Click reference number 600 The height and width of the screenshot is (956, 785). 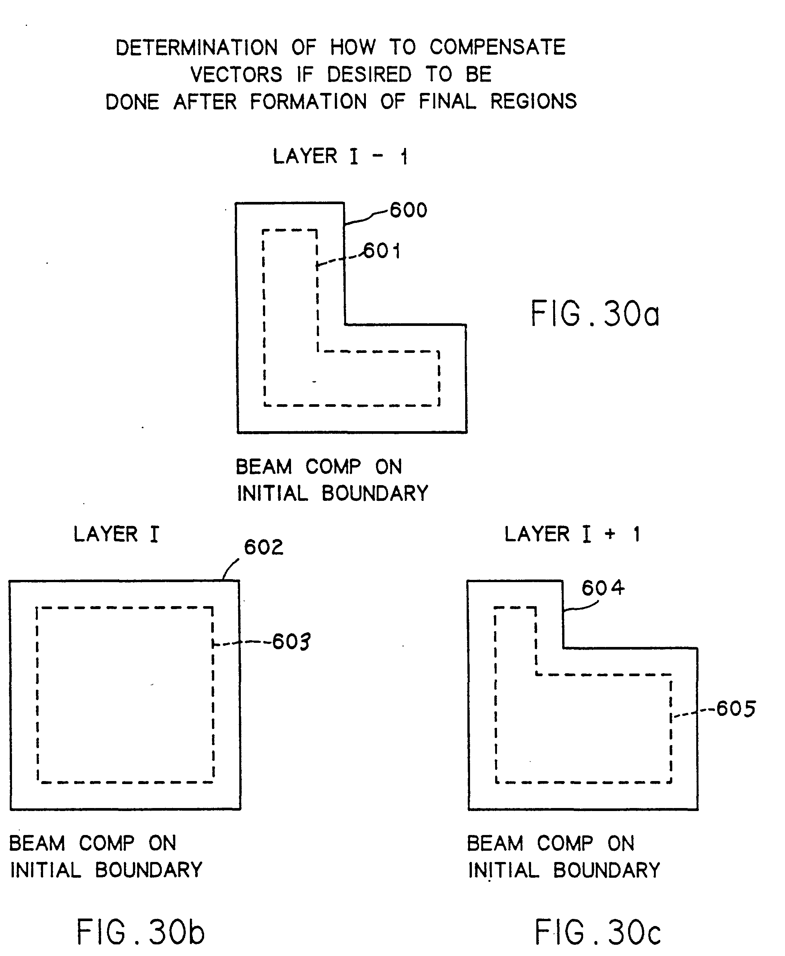pyautogui.click(x=408, y=210)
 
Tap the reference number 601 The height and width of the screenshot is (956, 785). pyautogui.click(x=382, y=251)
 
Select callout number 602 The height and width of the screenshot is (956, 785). pyautogui.click(x=264, y=547)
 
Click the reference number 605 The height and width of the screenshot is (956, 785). pyautogui.click(x=736, y=709)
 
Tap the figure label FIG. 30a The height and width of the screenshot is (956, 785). pyautogui.click(x=595, y=314)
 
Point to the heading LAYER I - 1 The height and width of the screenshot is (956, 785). pyautogui.click(x=340, y=157)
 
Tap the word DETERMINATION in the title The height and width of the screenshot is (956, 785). pyautogui.click(x=197, y=48)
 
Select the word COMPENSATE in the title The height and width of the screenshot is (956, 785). pyautogui.click(x=497, y=47)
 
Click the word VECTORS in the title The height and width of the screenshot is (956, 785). pyautogui.click(x=236, y=75)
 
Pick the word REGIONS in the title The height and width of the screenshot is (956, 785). pyautogui.click(x=534, y=101)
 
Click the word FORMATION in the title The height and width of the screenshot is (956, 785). pyautogui.click(x=308, y=101)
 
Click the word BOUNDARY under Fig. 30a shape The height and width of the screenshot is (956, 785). pyautogui.click(x=375, y=493)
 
